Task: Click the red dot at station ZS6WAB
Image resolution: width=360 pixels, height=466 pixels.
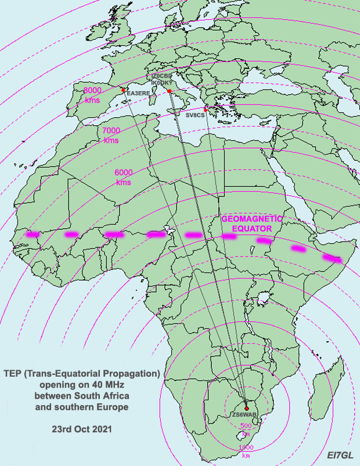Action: [247, 409]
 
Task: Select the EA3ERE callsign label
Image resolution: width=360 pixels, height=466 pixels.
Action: [138, 93]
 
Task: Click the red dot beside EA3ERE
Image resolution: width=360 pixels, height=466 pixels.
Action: [124, 90]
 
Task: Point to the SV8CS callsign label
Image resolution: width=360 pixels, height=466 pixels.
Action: [196, 115]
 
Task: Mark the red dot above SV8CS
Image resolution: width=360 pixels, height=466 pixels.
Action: [206, 109]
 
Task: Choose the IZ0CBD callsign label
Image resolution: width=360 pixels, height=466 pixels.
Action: [161, 76]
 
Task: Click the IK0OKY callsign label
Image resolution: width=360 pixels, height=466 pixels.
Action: [161, 83]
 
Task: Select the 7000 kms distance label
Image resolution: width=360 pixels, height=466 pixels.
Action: [111, 135]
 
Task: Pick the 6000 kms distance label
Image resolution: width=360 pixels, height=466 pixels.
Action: [123, 178]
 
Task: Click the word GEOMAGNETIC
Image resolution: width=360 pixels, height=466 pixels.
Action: [251, 219]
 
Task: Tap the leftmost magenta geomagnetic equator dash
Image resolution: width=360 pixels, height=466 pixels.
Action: [33, 234]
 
